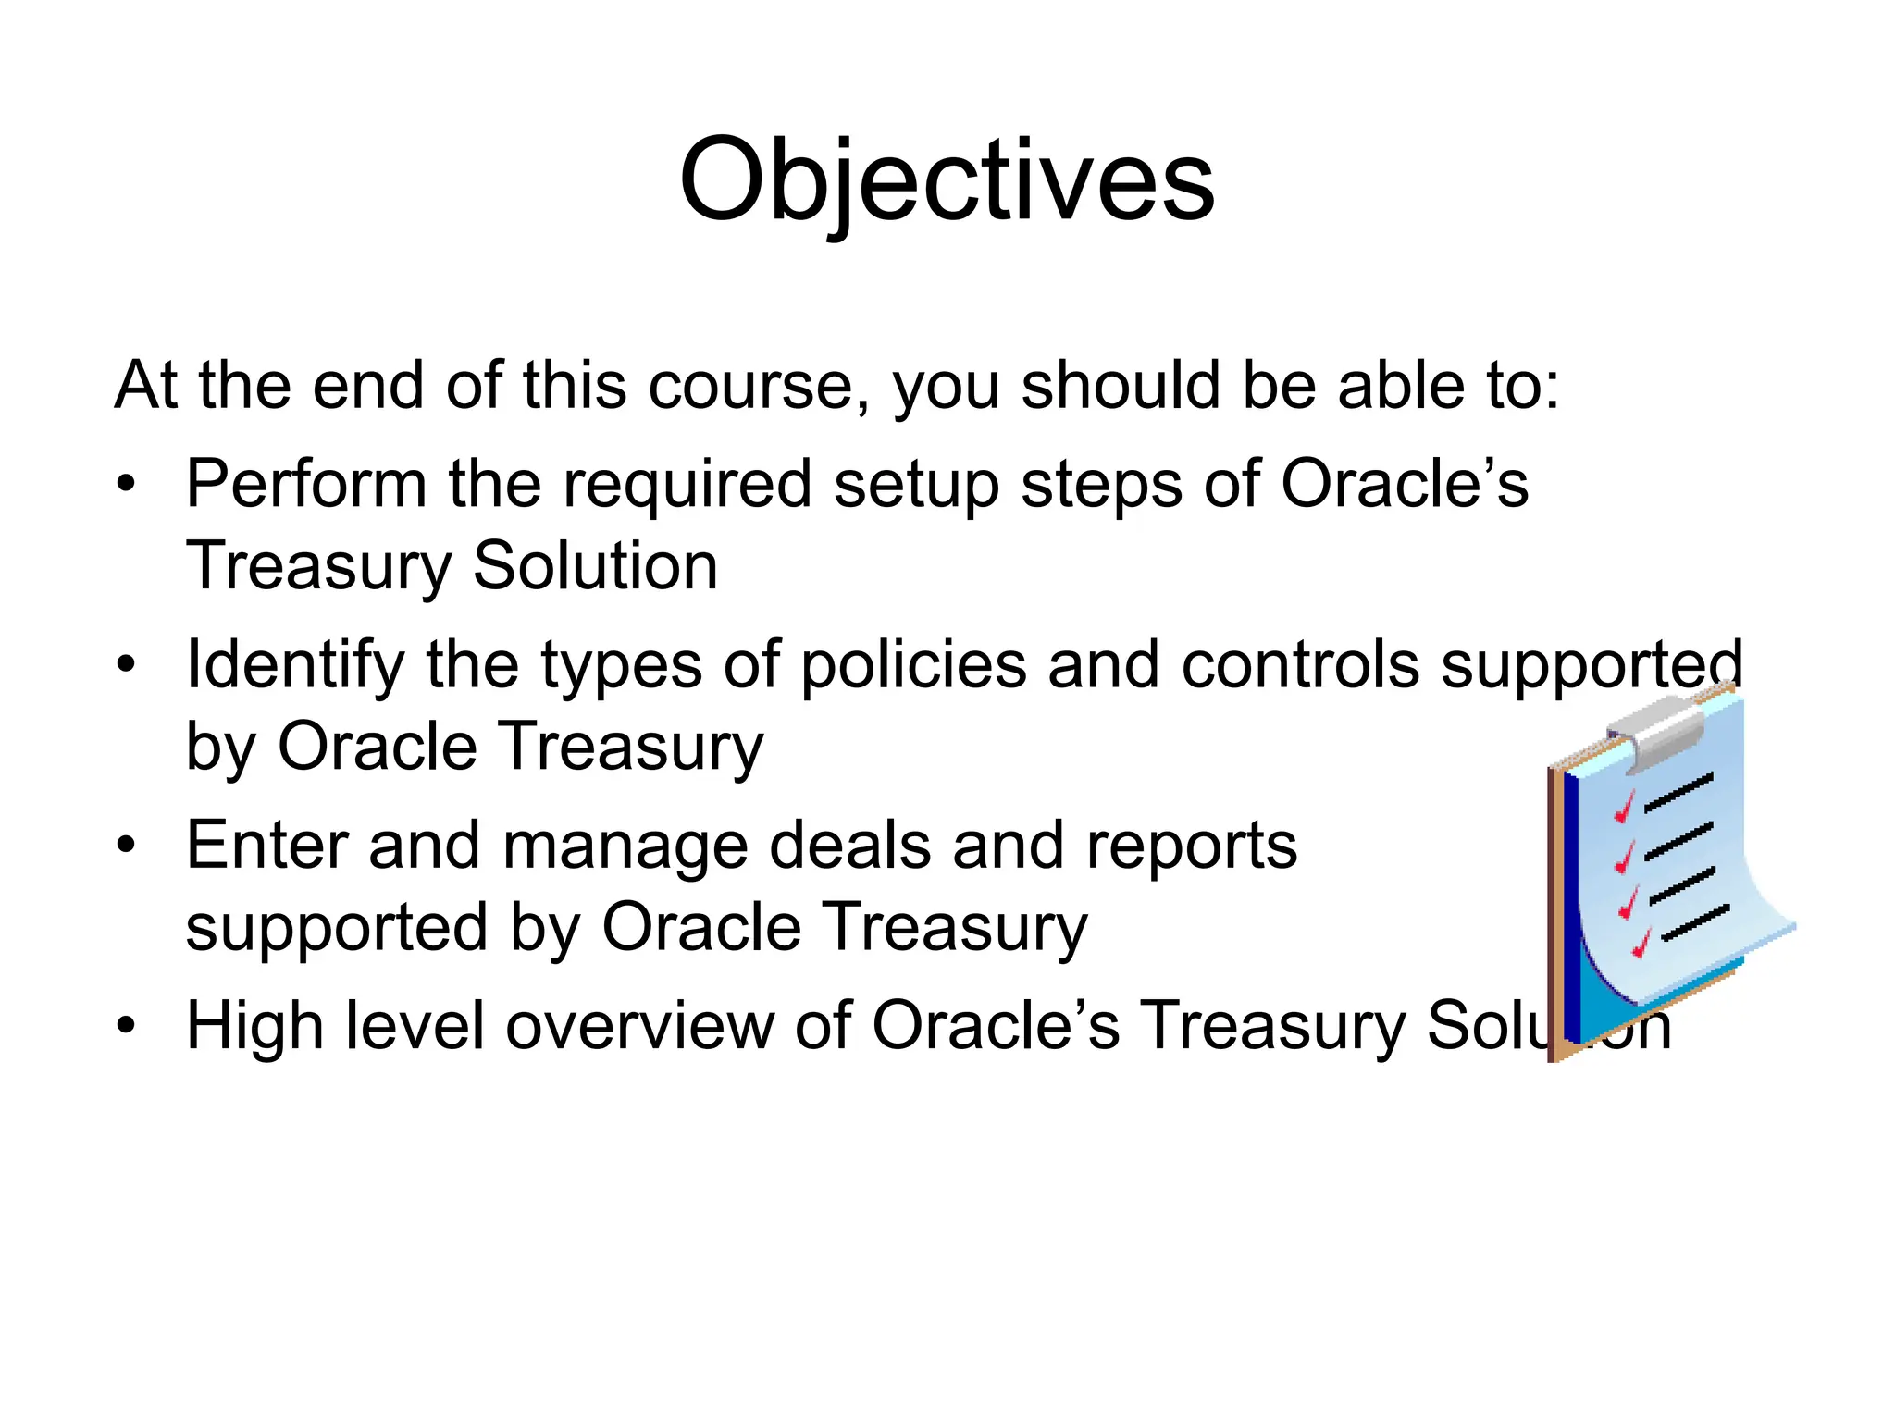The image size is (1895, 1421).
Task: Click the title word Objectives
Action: point(947,180)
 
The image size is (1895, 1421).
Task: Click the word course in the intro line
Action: point(750,386)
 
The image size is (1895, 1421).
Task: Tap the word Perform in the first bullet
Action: point(306,484)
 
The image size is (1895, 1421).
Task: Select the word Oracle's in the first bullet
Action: point(1405,484)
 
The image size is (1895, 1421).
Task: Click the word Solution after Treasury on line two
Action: point(595,566)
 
